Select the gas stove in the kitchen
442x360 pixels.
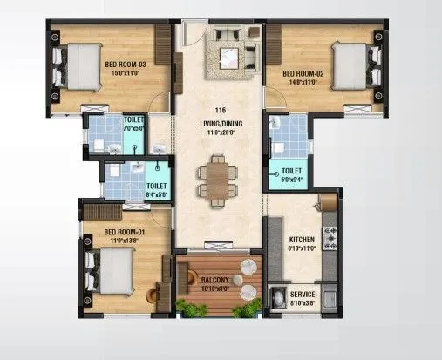tap(330, 235)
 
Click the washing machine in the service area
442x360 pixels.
tap(279, 299)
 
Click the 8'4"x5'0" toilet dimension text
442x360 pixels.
tap(157, 194)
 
